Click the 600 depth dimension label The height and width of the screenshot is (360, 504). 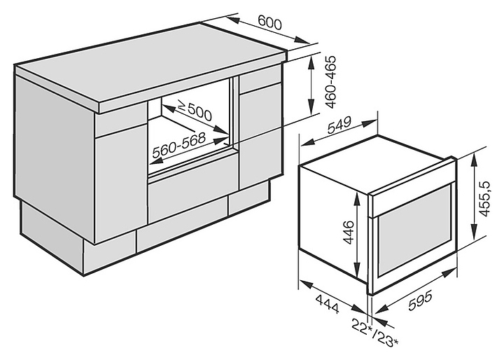[x=269, y=23]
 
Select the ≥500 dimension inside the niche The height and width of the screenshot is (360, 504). [x=195, y=110]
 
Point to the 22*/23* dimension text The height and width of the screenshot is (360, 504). [x=376, y=334]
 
